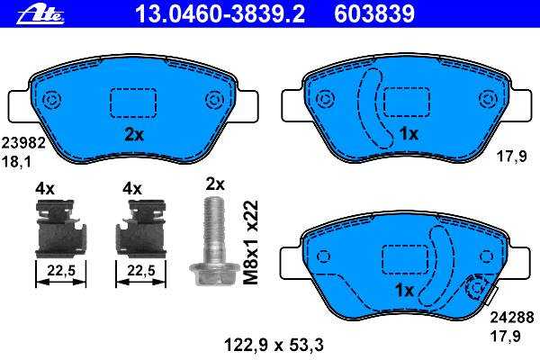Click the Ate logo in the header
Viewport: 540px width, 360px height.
click(40, 14)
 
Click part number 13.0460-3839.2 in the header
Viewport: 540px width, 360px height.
click(220, 14)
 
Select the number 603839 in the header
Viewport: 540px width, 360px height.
click(374, 14)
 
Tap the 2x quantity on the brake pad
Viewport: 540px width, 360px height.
click(134, 135)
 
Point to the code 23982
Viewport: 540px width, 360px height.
click(23, 143)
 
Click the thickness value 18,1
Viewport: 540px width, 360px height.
click(16, 162)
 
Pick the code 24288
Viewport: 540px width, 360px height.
click(512, 318)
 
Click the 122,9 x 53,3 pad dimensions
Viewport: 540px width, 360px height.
click(274, 345)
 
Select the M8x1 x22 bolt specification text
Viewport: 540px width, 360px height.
click(251, 242)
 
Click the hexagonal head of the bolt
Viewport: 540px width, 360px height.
click(215, 274)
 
